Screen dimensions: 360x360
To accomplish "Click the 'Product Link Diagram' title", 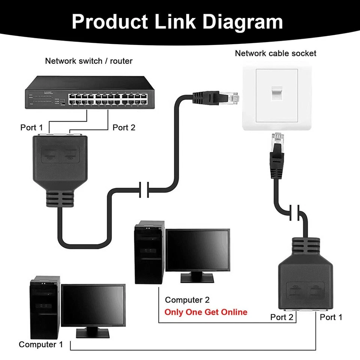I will click(x=177, y=21).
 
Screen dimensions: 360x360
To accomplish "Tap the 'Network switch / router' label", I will click(x=88, y=61).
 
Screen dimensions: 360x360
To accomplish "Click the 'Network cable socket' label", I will click(x=275, y=53).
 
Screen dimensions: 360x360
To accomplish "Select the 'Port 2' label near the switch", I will click(x=124, y=127).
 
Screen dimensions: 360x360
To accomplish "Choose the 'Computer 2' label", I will click(x=187, y=300).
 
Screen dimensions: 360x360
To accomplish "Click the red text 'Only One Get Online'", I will click(x=206, y=312).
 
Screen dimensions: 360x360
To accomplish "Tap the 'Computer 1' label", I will click(x=41, y=344).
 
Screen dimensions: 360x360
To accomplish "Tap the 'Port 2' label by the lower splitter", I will click(x=282, y=317).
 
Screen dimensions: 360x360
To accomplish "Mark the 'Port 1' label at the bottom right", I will click(x=331, y=317).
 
